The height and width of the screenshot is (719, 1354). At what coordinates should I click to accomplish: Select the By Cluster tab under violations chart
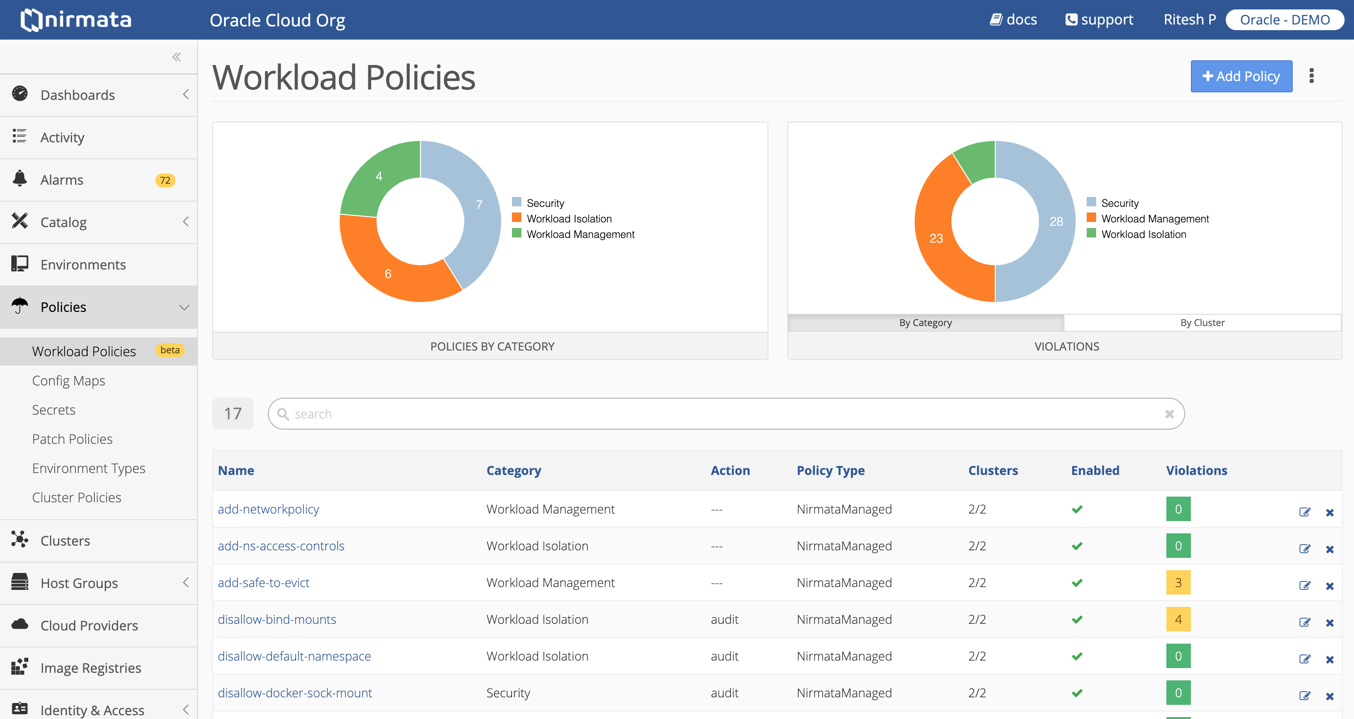coord(1202,322)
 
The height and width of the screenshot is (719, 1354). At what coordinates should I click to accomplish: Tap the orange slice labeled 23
coord(937,239)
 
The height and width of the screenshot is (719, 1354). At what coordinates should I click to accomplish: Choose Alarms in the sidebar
coord(62,180)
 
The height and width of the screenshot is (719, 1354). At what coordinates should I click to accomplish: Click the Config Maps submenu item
coord(68,381)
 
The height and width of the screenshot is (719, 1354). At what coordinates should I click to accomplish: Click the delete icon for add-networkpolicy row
coord(1329,512)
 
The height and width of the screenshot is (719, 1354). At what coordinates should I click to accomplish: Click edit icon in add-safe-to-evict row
coord(1304,585)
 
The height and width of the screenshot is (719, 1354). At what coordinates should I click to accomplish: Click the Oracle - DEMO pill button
coord(1284,20)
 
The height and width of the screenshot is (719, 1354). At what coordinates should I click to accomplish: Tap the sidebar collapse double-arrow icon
coord(177,57)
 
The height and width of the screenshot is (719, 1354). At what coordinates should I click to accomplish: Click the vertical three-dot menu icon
coord(1312,76)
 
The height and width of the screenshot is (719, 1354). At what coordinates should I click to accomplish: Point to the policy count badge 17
coord(232,414)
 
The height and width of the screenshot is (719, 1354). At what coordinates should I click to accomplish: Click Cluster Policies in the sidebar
coord(76,498)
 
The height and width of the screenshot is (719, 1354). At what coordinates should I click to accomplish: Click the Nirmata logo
coord(76,20)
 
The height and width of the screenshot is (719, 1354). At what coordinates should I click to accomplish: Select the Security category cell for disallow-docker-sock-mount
coord(508,693)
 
